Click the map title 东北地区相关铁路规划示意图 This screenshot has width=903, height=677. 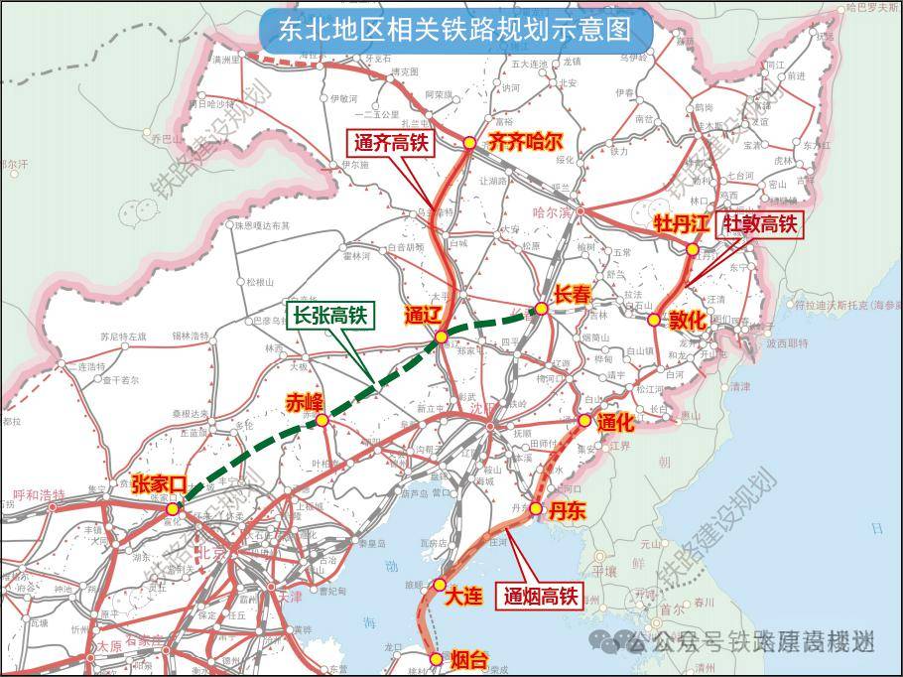(455, 30)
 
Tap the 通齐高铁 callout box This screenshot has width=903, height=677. (391, 143)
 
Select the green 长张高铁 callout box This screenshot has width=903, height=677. (327, 316)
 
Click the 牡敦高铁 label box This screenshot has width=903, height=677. (761, 224)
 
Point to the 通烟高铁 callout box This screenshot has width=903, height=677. (541, 596)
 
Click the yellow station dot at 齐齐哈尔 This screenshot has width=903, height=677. (469, 143)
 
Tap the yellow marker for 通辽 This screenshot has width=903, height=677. (442, 338)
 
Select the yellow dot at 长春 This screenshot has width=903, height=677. (542, 309)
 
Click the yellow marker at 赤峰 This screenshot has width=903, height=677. (322, 422)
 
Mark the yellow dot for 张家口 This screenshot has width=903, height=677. (173, 508)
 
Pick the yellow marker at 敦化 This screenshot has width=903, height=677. (654, 320)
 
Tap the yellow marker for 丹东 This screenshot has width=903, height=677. (536, 509)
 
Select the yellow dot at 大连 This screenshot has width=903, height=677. (440, 586)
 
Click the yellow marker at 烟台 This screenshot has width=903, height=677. (434, 657)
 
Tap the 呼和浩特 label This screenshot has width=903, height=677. (38, 493)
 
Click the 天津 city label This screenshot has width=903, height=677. (290, 597)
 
